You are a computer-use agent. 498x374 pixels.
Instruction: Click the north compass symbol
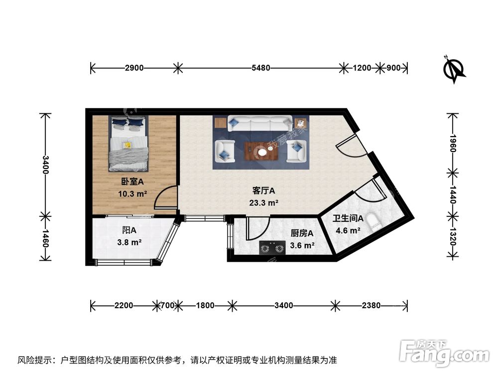pyautogui.click(x=454, y=69)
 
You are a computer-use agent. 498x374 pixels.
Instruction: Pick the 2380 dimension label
pyautogui.click(x=371, y=306)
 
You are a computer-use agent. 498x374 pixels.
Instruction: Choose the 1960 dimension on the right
pyautogui.click(x=453, y=143)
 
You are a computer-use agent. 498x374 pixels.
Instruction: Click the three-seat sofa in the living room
pyautogui.click(x=259, y=123)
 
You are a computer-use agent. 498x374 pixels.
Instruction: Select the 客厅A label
pyautogui.click(x=264, y=191)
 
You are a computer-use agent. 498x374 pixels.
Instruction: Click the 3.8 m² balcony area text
pyautogui.click(x=129, y=243)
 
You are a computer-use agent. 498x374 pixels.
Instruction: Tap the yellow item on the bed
pyautogui.click(x=127, y=145)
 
